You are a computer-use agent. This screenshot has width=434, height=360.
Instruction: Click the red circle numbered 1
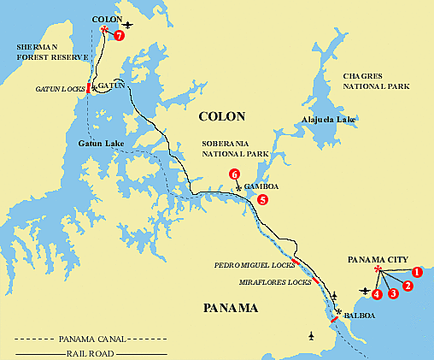pos(417,273)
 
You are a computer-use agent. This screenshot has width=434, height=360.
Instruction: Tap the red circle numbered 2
pos(408,285)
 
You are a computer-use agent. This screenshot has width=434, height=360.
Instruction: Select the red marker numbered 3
pos(393,293)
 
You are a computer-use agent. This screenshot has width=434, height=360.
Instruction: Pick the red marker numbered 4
pos(377,294)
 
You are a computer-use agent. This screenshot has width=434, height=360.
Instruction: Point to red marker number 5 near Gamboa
pos(262,199)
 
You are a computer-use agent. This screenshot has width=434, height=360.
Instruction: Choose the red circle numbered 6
pos(234,175)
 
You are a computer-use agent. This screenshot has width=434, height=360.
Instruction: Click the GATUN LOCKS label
pos(59,89)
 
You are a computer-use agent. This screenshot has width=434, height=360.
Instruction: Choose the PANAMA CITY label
pos(378,259)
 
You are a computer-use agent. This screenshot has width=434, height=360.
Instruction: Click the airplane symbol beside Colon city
pos(128,25)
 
